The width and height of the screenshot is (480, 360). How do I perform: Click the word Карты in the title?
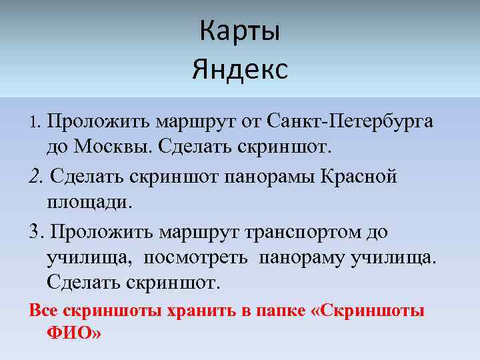coord(240,32)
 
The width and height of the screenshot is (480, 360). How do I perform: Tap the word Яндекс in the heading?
coord(240,69)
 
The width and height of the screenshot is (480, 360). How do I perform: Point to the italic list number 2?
coord(36,177)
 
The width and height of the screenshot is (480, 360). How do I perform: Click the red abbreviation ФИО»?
coord(74,332)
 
